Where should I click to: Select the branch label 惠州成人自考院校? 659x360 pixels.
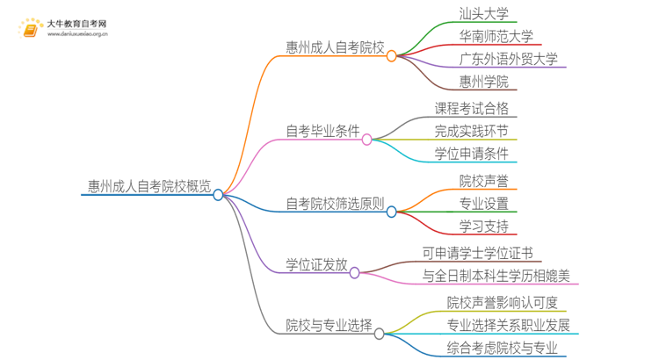(x=335, y=47)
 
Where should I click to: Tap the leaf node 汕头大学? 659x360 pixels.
(x=483, y=14)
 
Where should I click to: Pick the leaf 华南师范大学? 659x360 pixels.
(x=496, y=37)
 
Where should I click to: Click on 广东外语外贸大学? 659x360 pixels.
(x=508, y=60)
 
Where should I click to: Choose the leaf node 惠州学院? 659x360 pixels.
(x=483, y=83)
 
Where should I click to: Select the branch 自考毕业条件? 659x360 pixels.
(x=322, y=132)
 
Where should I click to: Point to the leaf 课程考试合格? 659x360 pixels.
(x=471, y=109)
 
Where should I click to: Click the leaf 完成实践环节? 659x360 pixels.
(x=471, y=132)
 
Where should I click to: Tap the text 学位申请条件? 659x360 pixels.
(x=471, y=155)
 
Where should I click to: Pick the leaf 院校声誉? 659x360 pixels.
(x=483, y=181)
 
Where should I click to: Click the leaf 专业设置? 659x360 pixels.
(x=483, y=204)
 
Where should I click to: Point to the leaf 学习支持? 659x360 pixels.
(x=483, y=227)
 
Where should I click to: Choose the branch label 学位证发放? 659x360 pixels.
(x=316, y=264)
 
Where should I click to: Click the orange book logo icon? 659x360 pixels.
(x=30, y=30)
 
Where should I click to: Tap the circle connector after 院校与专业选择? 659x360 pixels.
(x=380, y=334)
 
